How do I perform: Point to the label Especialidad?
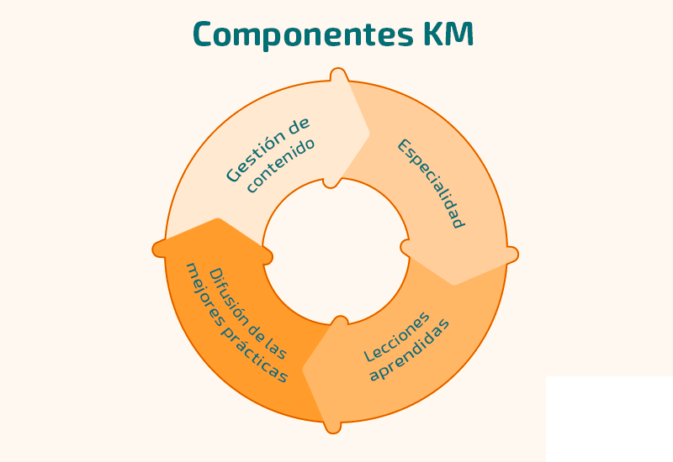432,183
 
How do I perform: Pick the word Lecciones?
396,336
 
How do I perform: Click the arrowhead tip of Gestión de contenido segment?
368,133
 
